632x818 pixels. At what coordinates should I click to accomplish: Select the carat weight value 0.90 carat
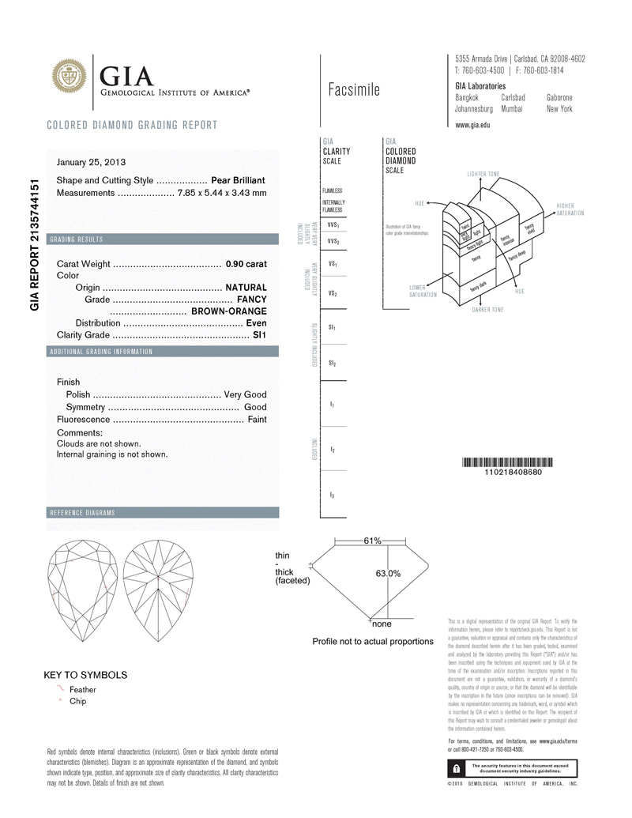point(246,264)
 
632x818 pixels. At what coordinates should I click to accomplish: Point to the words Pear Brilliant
point(239,181)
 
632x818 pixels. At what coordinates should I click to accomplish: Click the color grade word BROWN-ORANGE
point(229,311)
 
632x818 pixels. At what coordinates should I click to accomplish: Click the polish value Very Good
point(246,394)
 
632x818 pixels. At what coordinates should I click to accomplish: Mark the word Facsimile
point(353,90)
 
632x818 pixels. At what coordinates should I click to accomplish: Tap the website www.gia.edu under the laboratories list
point(473,125)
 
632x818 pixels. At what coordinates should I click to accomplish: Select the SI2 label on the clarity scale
point(333,364)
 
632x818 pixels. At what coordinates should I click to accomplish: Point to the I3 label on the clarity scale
point(332,495)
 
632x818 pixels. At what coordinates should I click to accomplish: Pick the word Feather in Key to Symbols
point(83,690)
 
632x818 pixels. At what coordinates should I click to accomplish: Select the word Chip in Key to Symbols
point(78,701)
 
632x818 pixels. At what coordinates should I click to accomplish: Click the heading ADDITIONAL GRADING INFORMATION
point(101,351)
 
